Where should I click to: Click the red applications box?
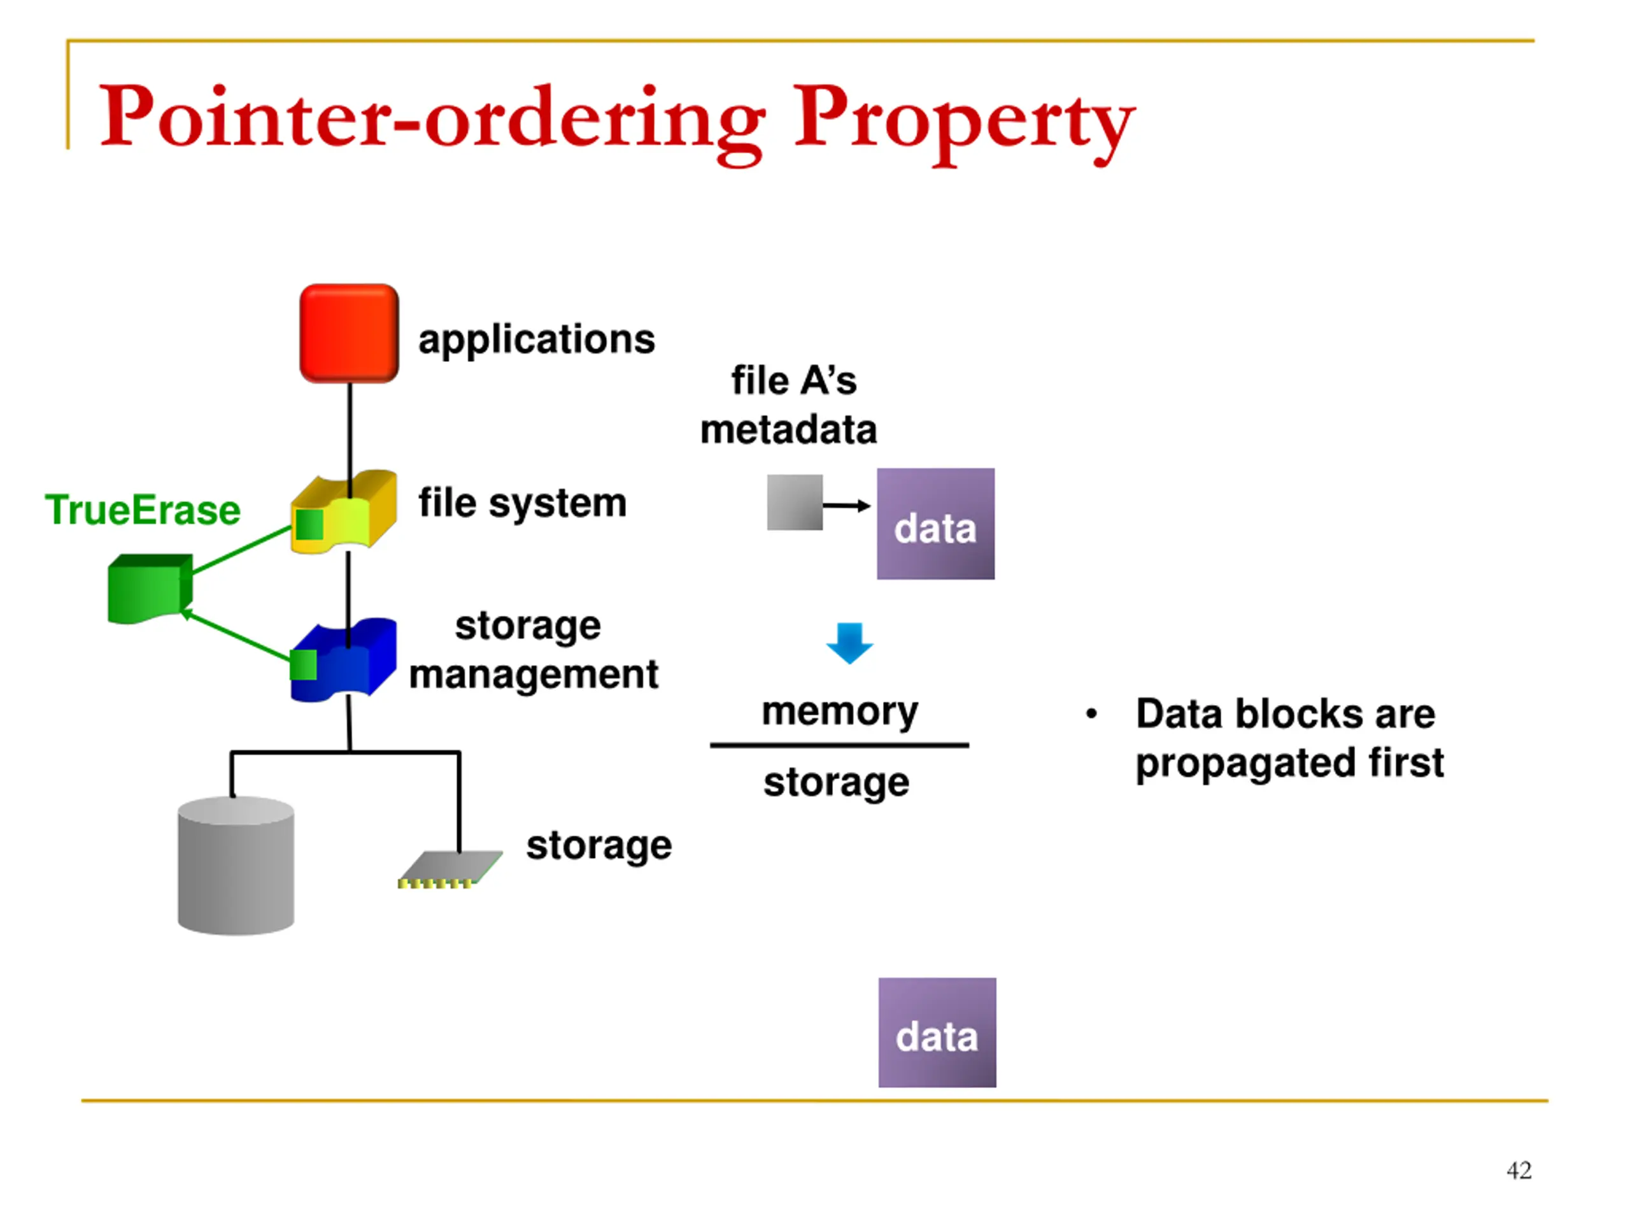click(350, 333)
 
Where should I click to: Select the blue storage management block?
click(344, 660)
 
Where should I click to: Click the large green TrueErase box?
click(150, 589)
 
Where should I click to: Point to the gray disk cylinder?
click(236, 866)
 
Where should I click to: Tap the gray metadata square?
click(795, 502)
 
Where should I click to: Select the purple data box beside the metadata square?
click(935, 524)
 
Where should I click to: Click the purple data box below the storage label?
click(937, 1032)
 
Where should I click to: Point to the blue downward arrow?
click(849, 643)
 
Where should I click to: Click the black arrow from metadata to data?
click(847, 506)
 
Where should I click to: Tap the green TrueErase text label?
click(142, 510)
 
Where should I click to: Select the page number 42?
click(1519, 1170)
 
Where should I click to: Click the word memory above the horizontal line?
click(840, 712)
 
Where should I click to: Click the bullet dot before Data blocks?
click(1091, 713)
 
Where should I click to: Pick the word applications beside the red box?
click(537, 341)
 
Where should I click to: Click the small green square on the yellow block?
click(309, 525)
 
